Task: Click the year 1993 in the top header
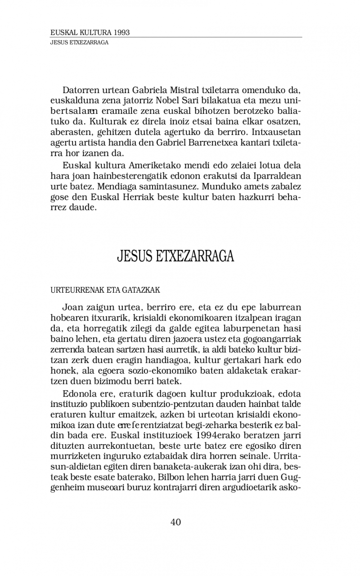pos(122,33)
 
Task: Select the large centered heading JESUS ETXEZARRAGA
pos(175,257)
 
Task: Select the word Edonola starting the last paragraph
pos(79,393)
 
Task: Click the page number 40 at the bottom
pos(175,522)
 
